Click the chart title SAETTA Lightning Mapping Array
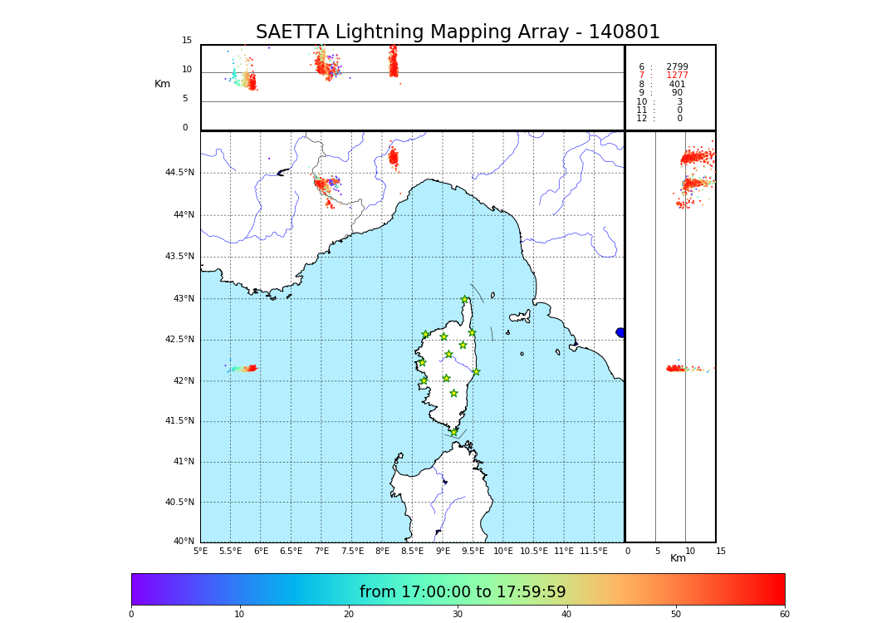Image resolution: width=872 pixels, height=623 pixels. click(x=458, y=32)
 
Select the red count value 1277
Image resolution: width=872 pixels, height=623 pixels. click(x=677, y=76)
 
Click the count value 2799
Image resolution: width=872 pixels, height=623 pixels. click(x=677, y=67)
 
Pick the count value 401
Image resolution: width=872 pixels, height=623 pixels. click(x=677, y=85)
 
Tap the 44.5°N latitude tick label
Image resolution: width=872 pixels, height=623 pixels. click(x=179, y=173)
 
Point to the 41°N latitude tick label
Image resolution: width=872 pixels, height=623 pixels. click(x=182, y=462)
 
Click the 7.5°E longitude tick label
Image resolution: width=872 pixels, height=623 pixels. click(x=352, y=551)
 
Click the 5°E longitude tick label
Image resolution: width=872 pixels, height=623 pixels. click(x=201, y=551)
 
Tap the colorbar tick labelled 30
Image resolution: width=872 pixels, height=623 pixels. click(x=458, y=614)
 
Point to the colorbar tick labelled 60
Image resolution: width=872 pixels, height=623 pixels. click(x=784, y=614)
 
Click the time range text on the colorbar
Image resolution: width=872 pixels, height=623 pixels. click(x=463, y=592)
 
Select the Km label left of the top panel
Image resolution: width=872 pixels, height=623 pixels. click(x=163, y=84)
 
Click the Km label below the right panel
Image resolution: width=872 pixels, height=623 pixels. click(x=678, y=558)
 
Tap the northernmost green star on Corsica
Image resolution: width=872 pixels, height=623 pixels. click(x=465, y=300)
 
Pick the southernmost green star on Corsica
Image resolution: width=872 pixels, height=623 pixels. click(x=454, y=432)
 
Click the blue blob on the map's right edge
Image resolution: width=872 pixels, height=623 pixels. click(x=620, y=332)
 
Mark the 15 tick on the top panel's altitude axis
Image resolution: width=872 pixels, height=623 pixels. click(x=187, y=41)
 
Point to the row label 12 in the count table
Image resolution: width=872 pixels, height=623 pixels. click(x=641, y=119)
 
